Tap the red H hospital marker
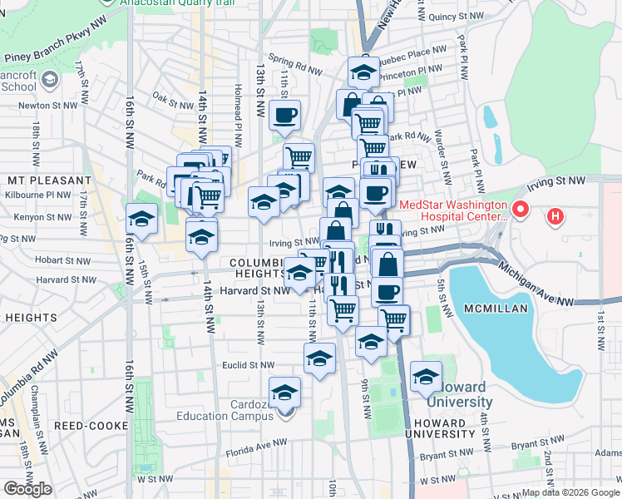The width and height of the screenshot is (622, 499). click(555, 217)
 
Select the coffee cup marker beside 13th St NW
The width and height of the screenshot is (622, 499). click(284, 116)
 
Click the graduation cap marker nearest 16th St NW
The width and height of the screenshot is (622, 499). click(141, 220)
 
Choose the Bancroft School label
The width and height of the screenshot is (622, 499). click(18, 81)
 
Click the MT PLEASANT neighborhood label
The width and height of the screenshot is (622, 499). click(48, 180)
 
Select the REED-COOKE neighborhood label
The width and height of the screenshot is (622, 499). click(84, 425)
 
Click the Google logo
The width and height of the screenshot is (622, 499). click(27, 489)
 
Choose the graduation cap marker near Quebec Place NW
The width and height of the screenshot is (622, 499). click(363, 73)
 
